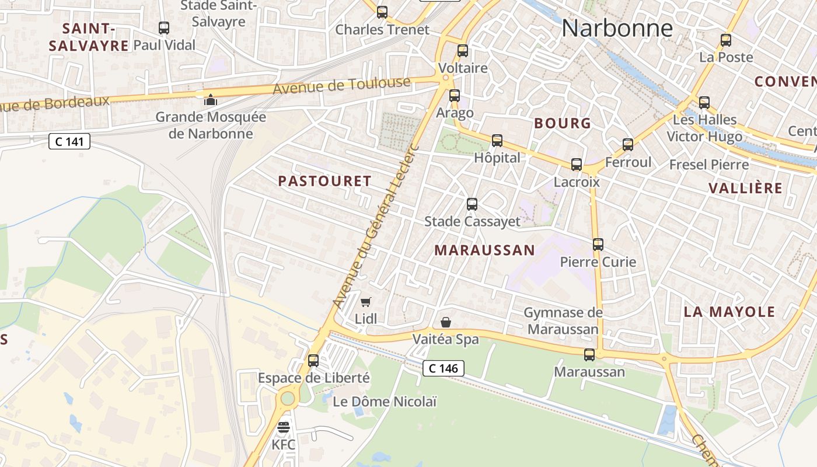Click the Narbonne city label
point(617,28)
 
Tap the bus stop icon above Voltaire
point(463,51)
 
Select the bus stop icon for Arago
point(455,96)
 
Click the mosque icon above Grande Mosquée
point(211,100)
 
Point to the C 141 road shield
point(69,141)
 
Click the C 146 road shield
point(444,368)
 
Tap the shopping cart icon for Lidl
point(366,302)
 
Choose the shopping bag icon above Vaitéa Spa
point(446,322)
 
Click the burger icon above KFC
point(284,427)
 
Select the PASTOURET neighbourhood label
point(324,181)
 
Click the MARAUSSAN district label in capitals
point(484,250)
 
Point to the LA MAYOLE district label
point(729,312)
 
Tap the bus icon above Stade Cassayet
point(472,204)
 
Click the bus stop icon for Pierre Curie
point(598,245)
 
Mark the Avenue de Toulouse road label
point(341,86)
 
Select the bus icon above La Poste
point(726,40)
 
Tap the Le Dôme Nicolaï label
point(385,402)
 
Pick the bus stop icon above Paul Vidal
point(164,27)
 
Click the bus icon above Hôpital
point(497,141)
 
